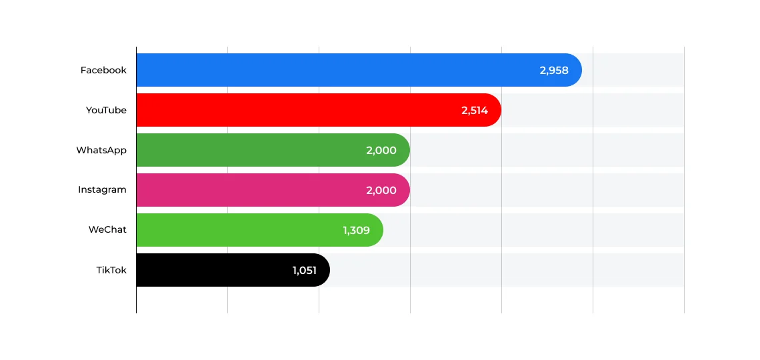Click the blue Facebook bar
point(333,70)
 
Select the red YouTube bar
point(293,110)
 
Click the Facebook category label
point(103,70)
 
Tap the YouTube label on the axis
point(106,110)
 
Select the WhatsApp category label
point(101,150)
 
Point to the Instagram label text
point(102,190)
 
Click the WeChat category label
point(107,230)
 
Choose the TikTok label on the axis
point(111,270)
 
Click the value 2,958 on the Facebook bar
point(554,70)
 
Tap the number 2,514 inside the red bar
point(475,110)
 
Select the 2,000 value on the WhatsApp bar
point(381,150)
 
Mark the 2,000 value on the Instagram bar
point(381,190)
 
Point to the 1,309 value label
point(356,230)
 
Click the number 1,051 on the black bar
point(304,270)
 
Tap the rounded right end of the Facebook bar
point(575,70)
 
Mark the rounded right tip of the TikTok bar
point(323,270)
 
